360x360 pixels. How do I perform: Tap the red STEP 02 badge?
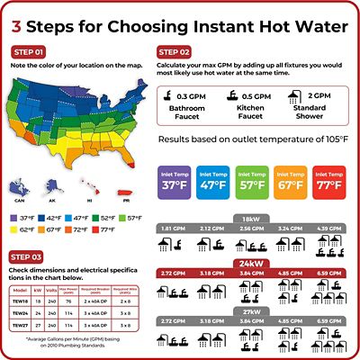point(175,52)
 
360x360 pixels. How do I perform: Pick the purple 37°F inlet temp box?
point(176,180)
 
